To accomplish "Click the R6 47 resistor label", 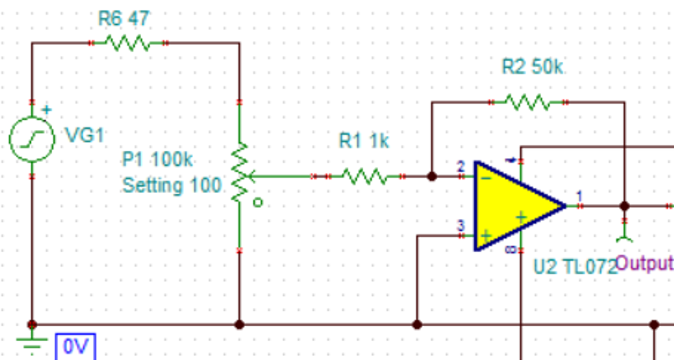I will click(x=124, y=18).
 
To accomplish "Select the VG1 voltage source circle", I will click(x=32, y=139).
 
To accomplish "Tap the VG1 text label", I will click(x=85, y=135).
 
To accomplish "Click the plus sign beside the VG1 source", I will click(x=47, y=110).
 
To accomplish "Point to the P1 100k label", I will click(x=157, y=159).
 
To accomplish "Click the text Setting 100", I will click(x=172, y=185).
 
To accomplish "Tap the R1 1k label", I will click(x=364, y=141).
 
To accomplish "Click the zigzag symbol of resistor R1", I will click(x=365, y=177).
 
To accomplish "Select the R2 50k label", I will click(x=532, y=67).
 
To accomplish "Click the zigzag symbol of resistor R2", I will click(x=528, y=102).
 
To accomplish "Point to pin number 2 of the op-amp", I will click(x=461, y=166).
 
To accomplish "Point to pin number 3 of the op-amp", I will click(x=461, y=226).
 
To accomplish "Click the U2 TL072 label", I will click(x=575, y=267).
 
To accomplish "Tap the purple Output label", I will click(x=644, y=263).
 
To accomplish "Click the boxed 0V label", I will click(x=75, y=346).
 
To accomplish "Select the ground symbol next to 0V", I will click(x=32, y=343).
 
